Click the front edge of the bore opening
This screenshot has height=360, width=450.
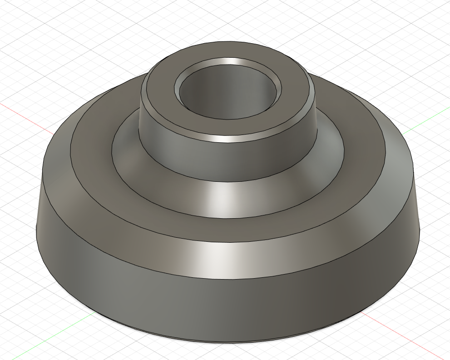click(227, 119)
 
